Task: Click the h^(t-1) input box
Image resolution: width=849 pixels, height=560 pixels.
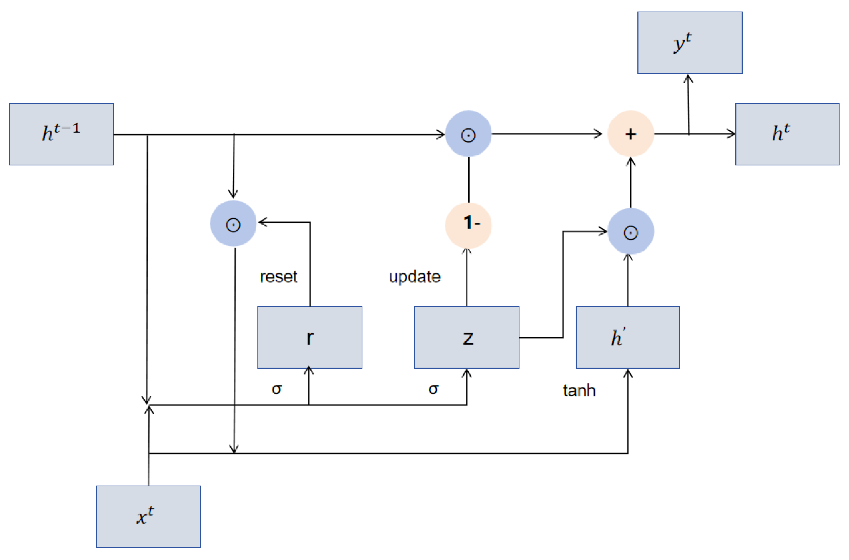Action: tap(61, 134)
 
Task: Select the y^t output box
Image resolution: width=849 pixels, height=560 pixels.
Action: tap(689, 43)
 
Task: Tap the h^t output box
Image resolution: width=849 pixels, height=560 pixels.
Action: tap(787, 134)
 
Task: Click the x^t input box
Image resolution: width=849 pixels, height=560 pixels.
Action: tap(148, 516)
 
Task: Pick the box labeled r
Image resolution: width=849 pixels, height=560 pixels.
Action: tap(310, 337)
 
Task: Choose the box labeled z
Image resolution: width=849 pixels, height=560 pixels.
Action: tap(467, 337)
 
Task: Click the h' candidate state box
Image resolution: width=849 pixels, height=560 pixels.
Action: tap(627, 337)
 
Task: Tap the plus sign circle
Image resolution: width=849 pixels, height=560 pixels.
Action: tap(630, 134)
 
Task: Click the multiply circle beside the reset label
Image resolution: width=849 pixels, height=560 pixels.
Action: tap(233, 223)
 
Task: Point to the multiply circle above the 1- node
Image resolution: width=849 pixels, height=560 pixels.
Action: tap(468, 134)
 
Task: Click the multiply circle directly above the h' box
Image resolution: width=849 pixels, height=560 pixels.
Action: tap(630, 231)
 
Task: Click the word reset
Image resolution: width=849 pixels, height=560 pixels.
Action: tap(278, 277)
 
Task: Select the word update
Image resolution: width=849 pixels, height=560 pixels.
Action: tap(414, 277)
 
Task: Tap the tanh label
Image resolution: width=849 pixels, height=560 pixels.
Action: tap(579, 390)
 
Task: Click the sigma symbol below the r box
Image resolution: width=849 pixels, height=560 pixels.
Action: tap(276, 389)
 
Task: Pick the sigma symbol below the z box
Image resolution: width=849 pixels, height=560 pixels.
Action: tap(433, 389)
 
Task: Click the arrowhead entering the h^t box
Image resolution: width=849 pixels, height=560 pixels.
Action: tap(732, 134)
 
